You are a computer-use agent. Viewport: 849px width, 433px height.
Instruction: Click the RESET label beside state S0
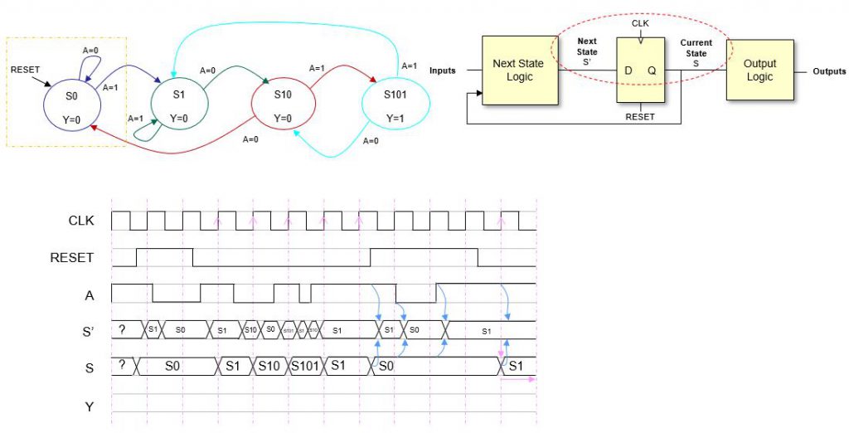tap(25, 70)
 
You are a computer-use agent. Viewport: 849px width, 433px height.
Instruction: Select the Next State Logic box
tap(519, 70)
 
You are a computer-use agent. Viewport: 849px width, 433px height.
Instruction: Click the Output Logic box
tap(759, 70)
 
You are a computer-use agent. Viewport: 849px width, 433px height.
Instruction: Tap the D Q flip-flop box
tap(640, 71)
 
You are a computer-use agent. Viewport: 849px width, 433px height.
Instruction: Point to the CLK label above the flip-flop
tap(640, 23)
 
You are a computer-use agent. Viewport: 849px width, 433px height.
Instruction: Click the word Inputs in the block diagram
tap(443, 71)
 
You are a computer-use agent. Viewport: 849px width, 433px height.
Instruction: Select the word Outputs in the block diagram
tap(829, 71)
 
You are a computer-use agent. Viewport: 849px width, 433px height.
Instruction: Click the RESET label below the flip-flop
tap(640, 117)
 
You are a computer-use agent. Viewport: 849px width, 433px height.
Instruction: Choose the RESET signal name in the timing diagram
tap(72, 258)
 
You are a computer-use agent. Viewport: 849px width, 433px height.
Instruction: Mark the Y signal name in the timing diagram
tap(90, 406)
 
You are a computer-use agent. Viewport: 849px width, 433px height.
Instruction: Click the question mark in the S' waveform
tap(122, 329)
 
